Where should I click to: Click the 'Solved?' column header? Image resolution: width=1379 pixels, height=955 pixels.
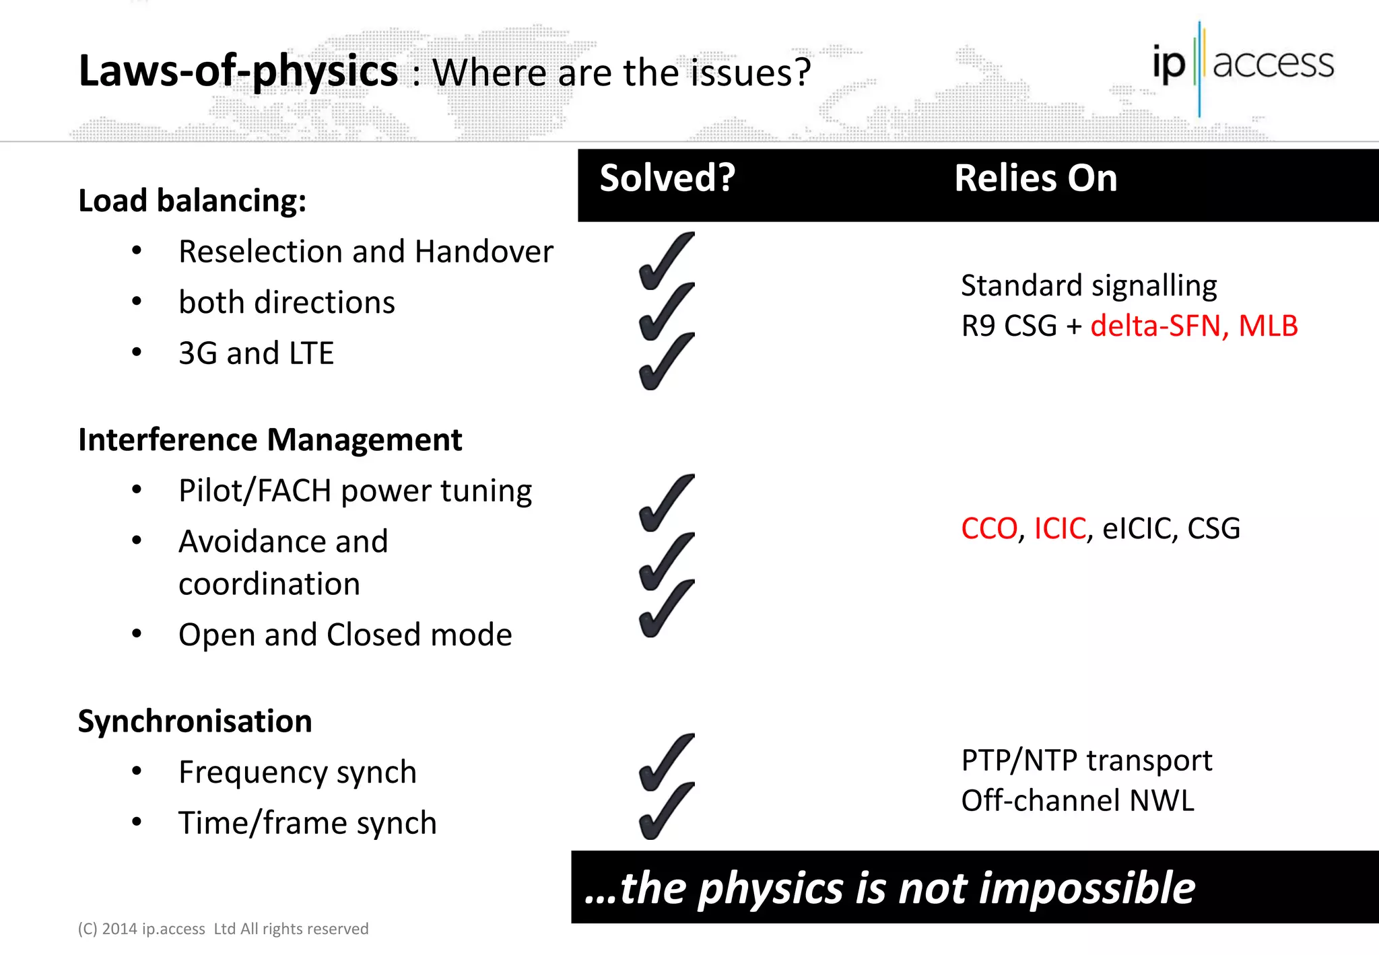tap(667, 178)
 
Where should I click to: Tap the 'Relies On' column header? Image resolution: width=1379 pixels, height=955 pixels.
tap(1035, 178)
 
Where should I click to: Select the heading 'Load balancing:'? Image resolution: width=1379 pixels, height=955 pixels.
tap(192, 201)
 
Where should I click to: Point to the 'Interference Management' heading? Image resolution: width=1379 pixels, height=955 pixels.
tap(270, 440)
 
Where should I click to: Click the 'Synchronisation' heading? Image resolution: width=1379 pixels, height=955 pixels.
tap(195, 721)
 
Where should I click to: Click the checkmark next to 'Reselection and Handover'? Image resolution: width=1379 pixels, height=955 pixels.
tap(665, 261)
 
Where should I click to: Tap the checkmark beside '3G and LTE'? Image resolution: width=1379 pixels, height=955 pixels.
tap(665, 362)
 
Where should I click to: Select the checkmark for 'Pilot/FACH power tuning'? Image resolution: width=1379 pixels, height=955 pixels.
tap(665, 503)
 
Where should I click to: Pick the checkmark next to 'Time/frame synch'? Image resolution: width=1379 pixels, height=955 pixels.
tap(665, 812)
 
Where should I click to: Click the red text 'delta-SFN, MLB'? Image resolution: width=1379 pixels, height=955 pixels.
tap(1194, 326)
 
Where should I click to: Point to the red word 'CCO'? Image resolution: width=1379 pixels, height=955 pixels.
tap(988, 529)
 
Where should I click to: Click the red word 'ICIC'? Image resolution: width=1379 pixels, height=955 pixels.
tap(1060, 529)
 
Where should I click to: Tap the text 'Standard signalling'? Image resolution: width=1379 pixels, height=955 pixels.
tap(1088, 286)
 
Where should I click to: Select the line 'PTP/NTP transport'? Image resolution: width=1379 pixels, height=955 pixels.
tap(1086, 761)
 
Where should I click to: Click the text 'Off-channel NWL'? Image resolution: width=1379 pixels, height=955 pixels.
tap(1077, 801)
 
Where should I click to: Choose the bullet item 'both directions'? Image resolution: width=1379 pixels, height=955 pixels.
tap(286, 303)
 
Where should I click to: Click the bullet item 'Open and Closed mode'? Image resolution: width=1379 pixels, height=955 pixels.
tap(345, 635)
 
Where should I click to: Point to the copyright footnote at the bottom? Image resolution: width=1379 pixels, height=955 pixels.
tap(223, 929)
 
